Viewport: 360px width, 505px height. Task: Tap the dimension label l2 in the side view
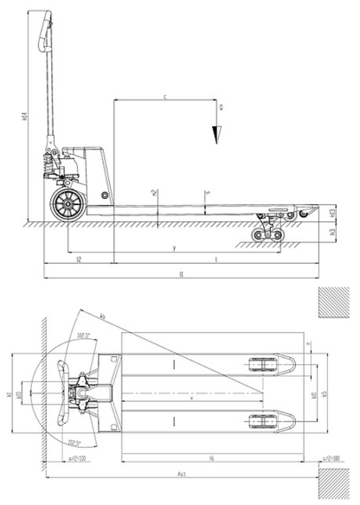[x=79, y=258]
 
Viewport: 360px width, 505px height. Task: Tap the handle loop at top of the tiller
[x=42, y=35]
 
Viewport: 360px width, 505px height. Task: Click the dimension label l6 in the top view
[x=212, y=457]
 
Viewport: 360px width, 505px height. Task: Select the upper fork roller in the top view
[x=263, y=362]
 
